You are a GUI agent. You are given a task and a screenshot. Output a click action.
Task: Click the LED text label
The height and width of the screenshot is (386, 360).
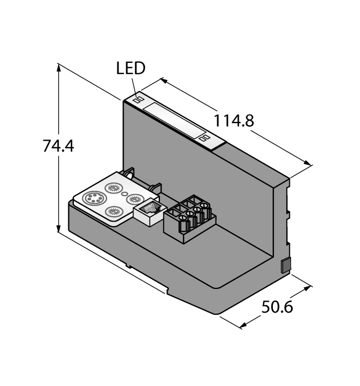pos(131,68)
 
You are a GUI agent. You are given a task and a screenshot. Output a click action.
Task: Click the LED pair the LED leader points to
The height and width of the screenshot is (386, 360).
pos(138,100)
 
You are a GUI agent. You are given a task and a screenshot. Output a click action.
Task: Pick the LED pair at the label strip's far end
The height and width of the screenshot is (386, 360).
pos(205,138)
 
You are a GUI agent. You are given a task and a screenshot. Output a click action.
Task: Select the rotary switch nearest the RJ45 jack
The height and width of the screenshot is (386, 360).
pos(134,199)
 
